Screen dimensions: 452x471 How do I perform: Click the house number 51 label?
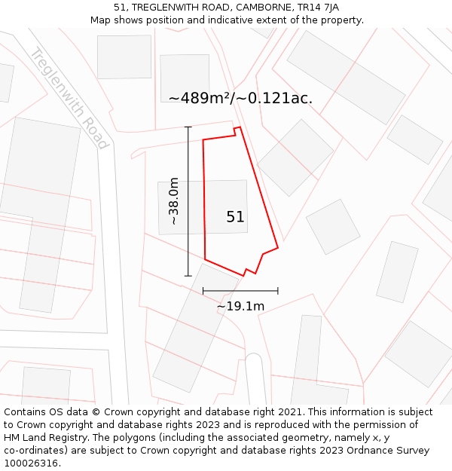[x=235, y=217]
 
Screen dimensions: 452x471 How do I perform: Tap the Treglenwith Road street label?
[x=70, y=98]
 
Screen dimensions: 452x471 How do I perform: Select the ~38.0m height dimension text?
[x=174, y=201]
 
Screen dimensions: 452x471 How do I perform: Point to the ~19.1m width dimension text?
[x=240, y=306]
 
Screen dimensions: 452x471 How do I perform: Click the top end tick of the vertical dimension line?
[x=188, y=127]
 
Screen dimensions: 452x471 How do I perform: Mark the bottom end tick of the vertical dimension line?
[x=188, y=276]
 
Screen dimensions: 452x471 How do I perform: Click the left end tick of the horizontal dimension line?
[x=203, y=290]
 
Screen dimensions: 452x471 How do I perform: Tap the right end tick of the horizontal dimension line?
[x=278, y=290]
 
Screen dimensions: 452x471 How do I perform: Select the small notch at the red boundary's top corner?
[x=237, y=130]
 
